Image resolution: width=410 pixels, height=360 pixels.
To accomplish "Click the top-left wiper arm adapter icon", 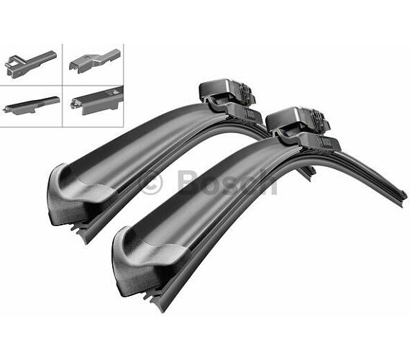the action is coord(31,64).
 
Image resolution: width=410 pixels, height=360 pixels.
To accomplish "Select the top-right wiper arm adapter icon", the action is coord(95,61).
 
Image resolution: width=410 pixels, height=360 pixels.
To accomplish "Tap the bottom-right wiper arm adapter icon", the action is coord(97,101).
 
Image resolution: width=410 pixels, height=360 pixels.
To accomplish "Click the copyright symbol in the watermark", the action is coord(152,184).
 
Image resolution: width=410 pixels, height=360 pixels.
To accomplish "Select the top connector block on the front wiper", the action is coord(296,121).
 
